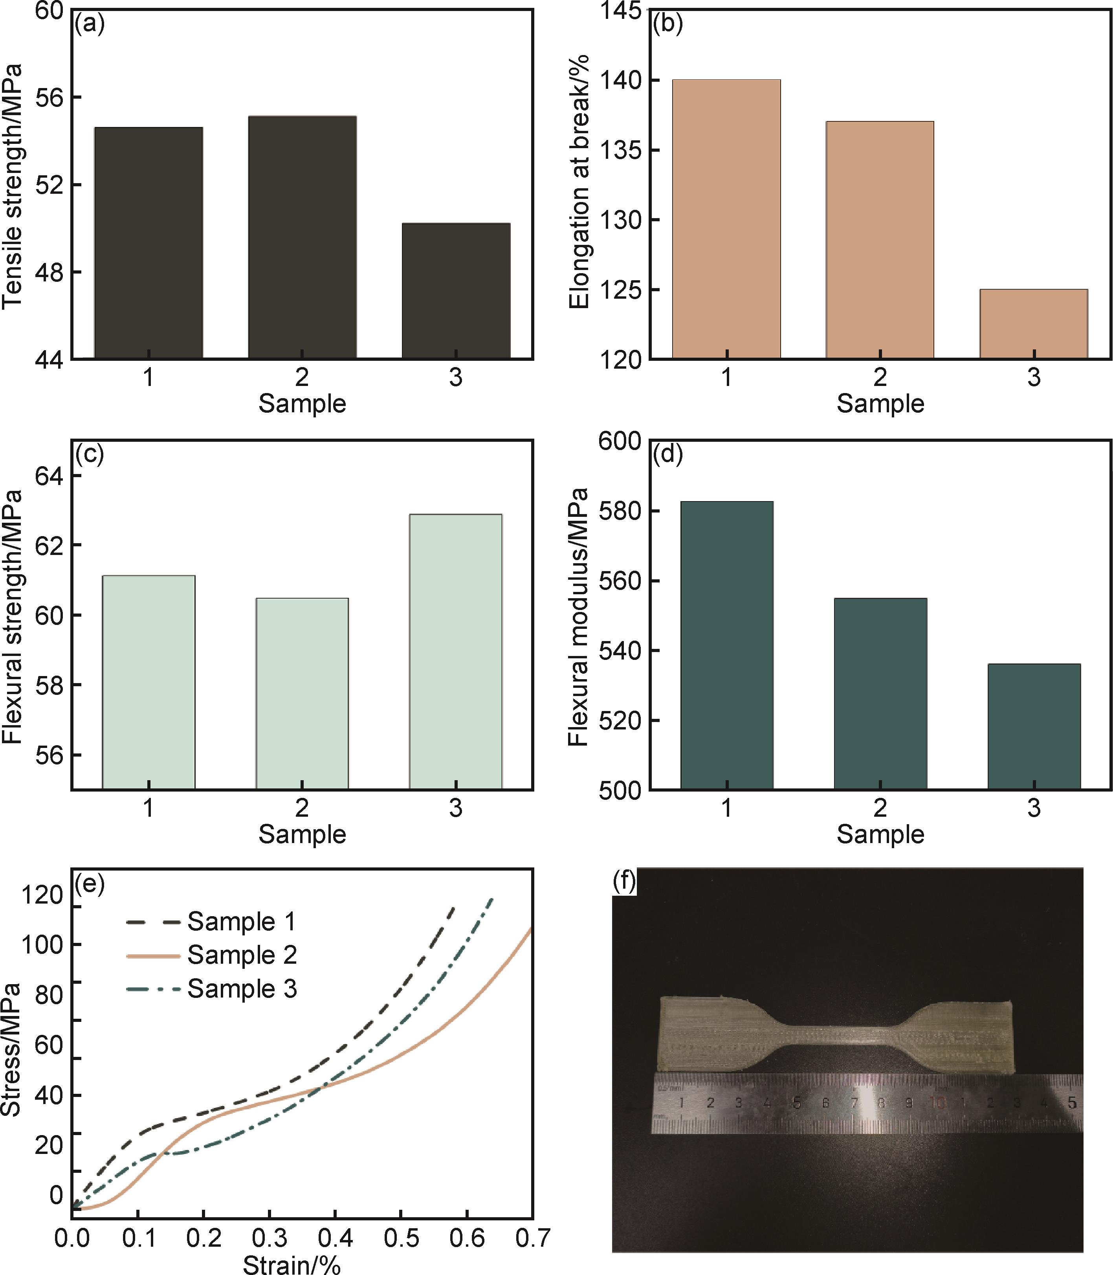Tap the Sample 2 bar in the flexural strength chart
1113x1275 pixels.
pos(302,693)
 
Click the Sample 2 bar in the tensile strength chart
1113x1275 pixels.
pos(302,237)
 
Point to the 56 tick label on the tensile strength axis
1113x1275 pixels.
pos(49,97)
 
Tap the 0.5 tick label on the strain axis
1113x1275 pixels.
pos(401,1238)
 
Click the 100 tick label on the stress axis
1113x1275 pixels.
pos(42,945)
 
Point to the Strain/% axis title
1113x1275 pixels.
pos(292,1264)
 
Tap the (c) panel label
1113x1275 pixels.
pos(89,454)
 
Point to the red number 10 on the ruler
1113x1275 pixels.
pos(937,1103)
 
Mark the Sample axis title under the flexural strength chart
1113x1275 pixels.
pos(302,834)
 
